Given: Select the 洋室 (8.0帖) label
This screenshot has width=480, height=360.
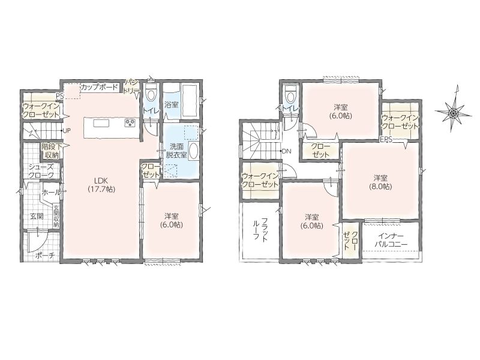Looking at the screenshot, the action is tap(381, 182).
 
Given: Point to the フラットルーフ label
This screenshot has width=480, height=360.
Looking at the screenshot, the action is tap(260, 230).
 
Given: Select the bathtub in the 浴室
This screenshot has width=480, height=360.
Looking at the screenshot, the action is tap(190, 101).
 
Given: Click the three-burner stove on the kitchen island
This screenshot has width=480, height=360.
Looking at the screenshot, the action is tap(130, 124).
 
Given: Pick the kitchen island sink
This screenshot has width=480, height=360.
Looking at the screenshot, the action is tap(101, 124).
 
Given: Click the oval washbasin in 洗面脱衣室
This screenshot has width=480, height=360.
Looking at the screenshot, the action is tap(193, 151).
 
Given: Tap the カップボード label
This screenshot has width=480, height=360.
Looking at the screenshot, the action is tap(99, 86).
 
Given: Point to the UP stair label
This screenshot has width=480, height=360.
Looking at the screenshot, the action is tap(67, 130).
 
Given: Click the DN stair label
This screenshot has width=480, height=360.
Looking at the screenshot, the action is tap(287, 151).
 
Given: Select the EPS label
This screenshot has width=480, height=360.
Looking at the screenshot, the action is tap(386, 140).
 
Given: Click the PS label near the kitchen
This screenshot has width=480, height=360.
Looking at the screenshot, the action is tap(59, 96).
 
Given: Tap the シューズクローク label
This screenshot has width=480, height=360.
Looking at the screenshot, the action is tap(41, 171).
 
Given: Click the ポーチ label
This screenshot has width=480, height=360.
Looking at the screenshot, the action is tap(43, 256).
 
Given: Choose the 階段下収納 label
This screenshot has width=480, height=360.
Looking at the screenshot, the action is tap(51, 151).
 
